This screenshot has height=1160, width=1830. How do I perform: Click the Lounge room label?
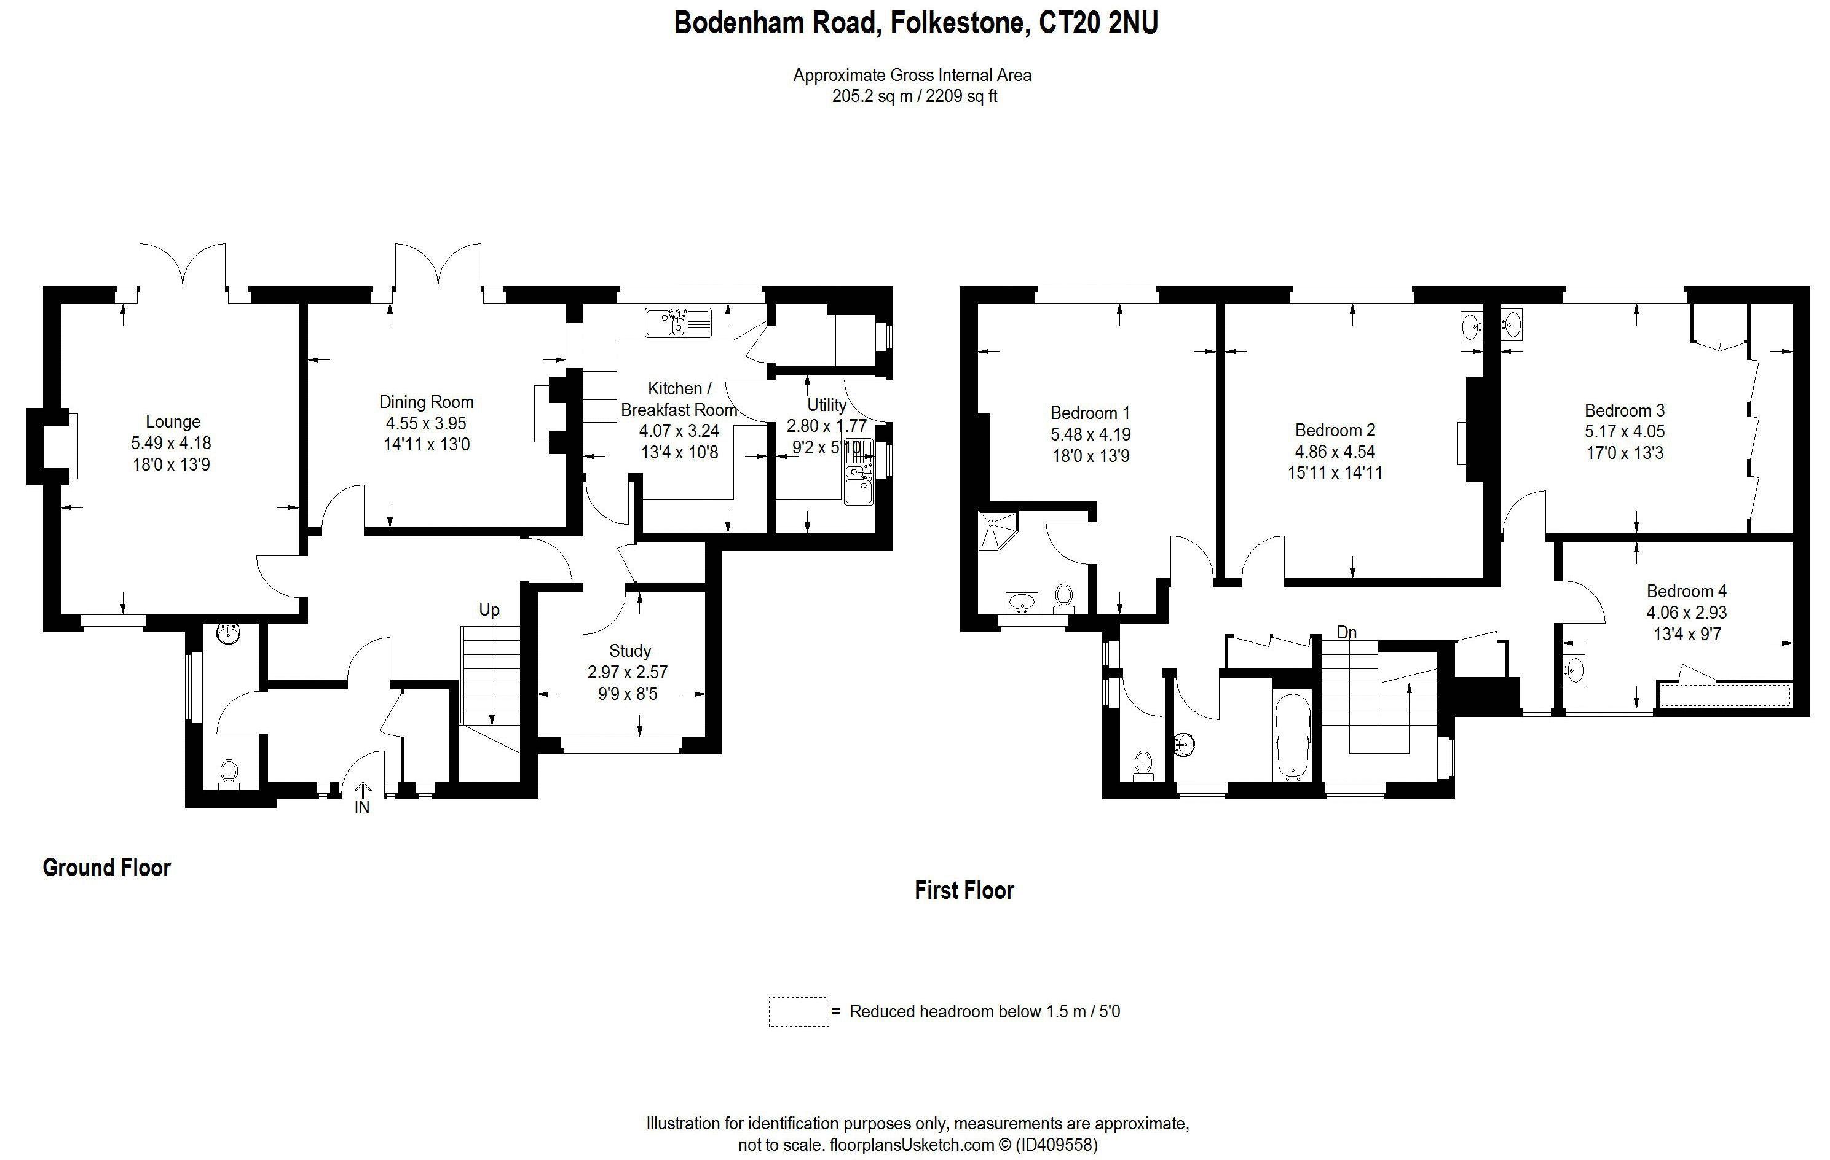(x=173, y=421)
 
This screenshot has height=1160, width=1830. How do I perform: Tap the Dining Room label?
(x=427, y=402)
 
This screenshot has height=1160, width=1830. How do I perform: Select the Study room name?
(x=630, y=651)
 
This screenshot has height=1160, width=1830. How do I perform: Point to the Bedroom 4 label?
(x=1686, y=591)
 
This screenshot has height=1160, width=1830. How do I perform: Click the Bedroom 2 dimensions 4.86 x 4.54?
(x=1335, y=451)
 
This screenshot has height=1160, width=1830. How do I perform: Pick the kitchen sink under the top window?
(x=678, y=322)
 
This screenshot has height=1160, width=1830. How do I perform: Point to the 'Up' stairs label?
(x=489, y=610)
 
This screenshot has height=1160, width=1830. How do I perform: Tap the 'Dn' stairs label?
(x=1347, y=632)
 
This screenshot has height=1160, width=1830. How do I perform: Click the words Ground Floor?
(x=106, y=868)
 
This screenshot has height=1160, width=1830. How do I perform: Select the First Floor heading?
(x=964, y=890)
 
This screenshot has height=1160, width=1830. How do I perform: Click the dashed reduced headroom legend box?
(x=799, y=1012)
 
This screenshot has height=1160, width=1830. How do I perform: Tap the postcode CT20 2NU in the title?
(x=1098, y=23)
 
